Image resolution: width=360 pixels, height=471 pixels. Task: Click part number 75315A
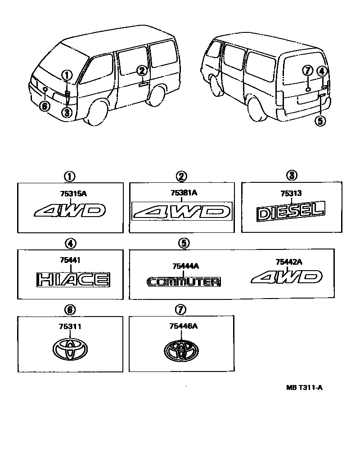[70, 194]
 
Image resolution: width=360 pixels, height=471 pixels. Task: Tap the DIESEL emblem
[290, 212]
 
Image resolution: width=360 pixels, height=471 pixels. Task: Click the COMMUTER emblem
[184, 282]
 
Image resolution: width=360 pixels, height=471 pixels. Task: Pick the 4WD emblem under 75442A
[287, 277]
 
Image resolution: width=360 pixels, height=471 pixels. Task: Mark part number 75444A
[184, 266]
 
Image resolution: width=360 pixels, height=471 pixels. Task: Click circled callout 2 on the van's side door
[142, 70]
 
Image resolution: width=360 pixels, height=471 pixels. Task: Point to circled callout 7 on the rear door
[308, 70]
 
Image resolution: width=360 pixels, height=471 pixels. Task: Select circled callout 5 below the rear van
[320, 121]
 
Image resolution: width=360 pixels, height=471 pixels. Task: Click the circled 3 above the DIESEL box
[292, 175]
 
